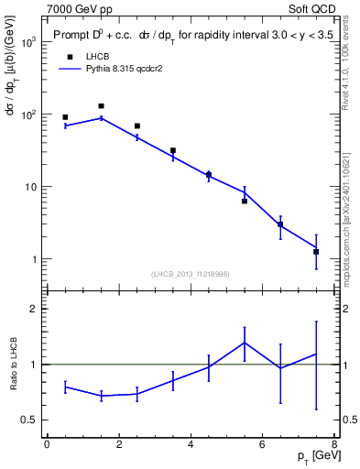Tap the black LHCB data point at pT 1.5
pyautogui.click(x=101, y=106)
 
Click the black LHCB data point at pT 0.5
pyautogui.click(x=65, y=117)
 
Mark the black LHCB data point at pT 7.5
pyautogui.click(x=316, y=251)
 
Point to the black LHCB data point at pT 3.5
pyautogui.click(x=172, y=150)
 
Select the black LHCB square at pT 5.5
pyautogui.click(x=245, y=201)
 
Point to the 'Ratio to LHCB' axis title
pyautogui.click(x=12, y=365)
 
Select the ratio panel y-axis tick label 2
pyautogui.click(x=33, y=309)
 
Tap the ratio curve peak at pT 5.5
pyautogui.click(x=245, y=343)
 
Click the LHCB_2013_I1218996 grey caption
pyautogui.click(x=191, y=274)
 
